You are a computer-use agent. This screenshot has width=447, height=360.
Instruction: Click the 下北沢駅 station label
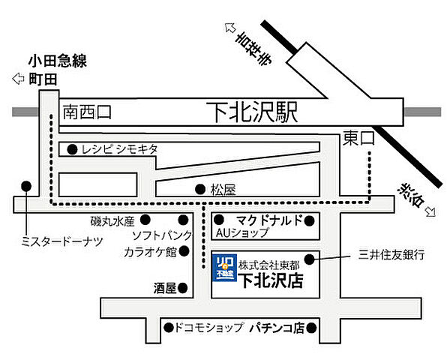252,113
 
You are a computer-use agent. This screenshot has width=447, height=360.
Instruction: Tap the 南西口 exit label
87,112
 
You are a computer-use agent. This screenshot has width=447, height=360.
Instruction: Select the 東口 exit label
358,138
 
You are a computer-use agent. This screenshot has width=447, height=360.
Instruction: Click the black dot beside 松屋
199,189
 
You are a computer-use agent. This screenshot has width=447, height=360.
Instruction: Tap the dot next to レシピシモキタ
71,148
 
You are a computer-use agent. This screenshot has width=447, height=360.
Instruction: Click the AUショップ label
241,232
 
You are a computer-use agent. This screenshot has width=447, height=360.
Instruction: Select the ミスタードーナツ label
62,240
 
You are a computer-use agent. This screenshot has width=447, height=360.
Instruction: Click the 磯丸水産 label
111,221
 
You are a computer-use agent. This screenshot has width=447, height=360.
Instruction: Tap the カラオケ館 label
149,251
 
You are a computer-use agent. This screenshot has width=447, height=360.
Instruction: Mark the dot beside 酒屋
184,286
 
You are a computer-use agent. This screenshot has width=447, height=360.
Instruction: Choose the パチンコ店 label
277,328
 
